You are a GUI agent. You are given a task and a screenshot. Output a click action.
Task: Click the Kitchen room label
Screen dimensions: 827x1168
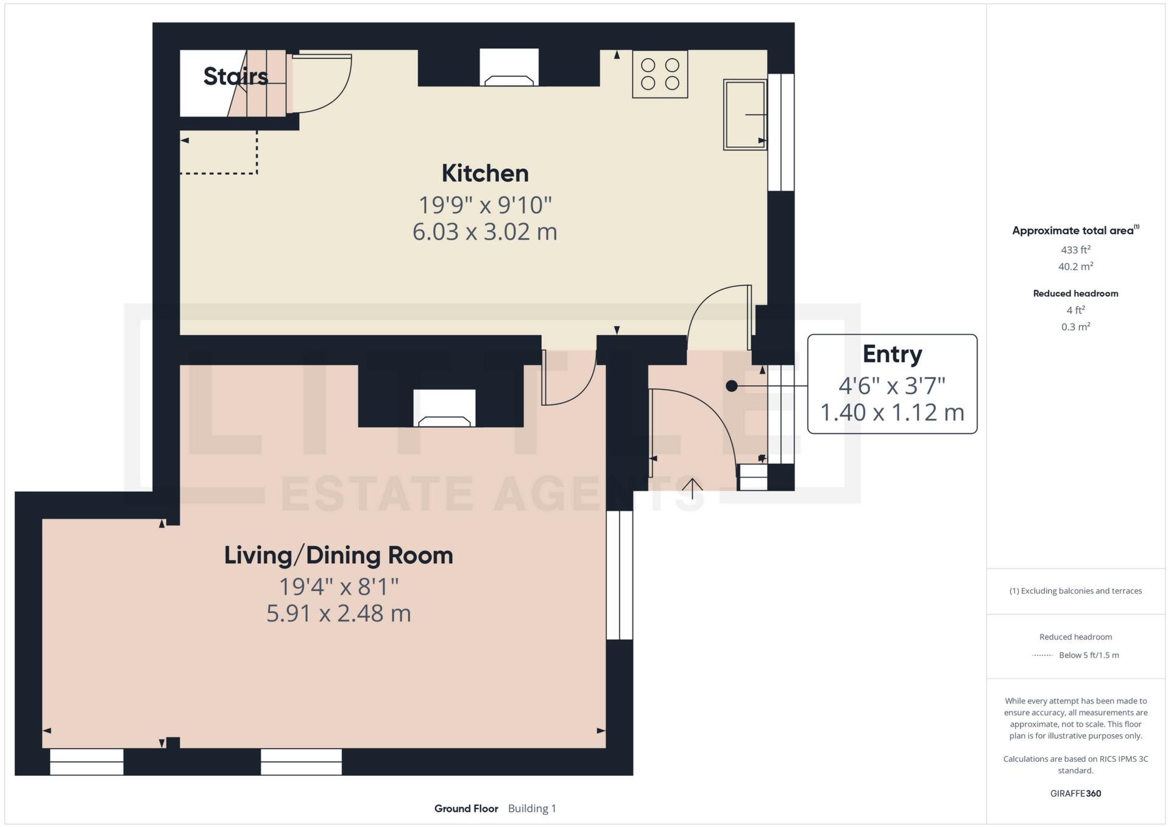coord(484,173)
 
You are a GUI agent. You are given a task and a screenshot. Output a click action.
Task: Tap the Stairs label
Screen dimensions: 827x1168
coord(235,76)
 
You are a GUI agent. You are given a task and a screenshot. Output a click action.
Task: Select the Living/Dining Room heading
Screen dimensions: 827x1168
coord(338,555)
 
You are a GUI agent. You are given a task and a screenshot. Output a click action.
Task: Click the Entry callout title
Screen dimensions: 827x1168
coord(892,354)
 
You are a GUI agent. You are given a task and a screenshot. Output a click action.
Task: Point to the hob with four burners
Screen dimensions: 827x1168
coord(660,74)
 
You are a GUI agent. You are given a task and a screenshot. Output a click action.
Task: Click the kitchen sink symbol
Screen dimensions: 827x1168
coord(744,114)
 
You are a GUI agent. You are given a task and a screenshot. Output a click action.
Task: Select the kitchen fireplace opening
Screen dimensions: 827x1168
coord(509,67)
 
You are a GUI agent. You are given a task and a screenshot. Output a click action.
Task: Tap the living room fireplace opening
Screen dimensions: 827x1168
coord(444,408)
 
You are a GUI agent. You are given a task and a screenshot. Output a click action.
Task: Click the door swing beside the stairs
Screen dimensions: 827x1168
coord(322,83)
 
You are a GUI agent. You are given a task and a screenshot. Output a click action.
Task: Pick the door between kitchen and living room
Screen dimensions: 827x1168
coord(567,378)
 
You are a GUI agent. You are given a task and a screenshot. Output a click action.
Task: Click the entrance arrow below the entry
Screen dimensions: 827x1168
coord(692,487)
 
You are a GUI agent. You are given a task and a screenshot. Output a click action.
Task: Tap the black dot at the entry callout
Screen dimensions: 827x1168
coord(732,386)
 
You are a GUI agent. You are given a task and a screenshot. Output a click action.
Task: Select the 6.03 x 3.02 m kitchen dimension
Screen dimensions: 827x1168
coord(484,232)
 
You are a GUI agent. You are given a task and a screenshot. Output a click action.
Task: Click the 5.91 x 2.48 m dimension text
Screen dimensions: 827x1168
coord(338,613)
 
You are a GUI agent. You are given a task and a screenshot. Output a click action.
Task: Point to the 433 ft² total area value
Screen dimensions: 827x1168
coord(1075,250)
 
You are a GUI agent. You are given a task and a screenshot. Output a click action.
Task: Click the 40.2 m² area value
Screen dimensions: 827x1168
coord(1075,266)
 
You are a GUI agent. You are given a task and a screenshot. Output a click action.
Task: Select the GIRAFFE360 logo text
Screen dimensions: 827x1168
coord(1075,793)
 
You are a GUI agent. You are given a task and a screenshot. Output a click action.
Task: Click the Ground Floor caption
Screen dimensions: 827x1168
coord(466,809)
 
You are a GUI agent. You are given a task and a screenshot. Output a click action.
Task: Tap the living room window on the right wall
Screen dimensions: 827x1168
coord(620,575)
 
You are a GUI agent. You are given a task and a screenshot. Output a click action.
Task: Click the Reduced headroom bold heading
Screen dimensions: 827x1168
coord(1075,294)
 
